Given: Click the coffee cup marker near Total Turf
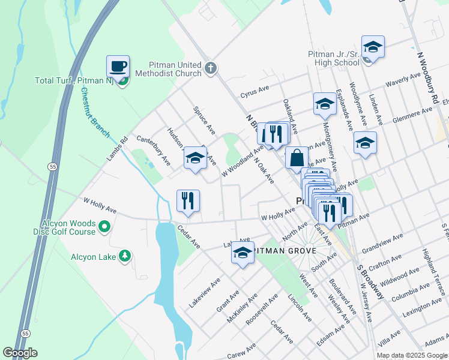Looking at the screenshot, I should (x=118, y=67).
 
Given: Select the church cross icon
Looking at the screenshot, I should (x=209, y=68).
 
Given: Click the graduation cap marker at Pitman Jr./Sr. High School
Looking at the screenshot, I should (x=373, y=48).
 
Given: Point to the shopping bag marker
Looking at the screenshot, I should (x=297, y=159).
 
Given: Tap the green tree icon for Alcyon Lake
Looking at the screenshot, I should (x=125, y=256).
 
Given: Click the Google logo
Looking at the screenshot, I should (x=20, y=353).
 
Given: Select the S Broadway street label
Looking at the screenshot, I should (x=370, y=282).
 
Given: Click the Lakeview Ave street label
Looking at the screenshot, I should (x=205, y=293).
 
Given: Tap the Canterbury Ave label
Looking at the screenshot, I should (x=154, y=150).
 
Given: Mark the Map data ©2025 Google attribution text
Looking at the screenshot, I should (x=412, y=355).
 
